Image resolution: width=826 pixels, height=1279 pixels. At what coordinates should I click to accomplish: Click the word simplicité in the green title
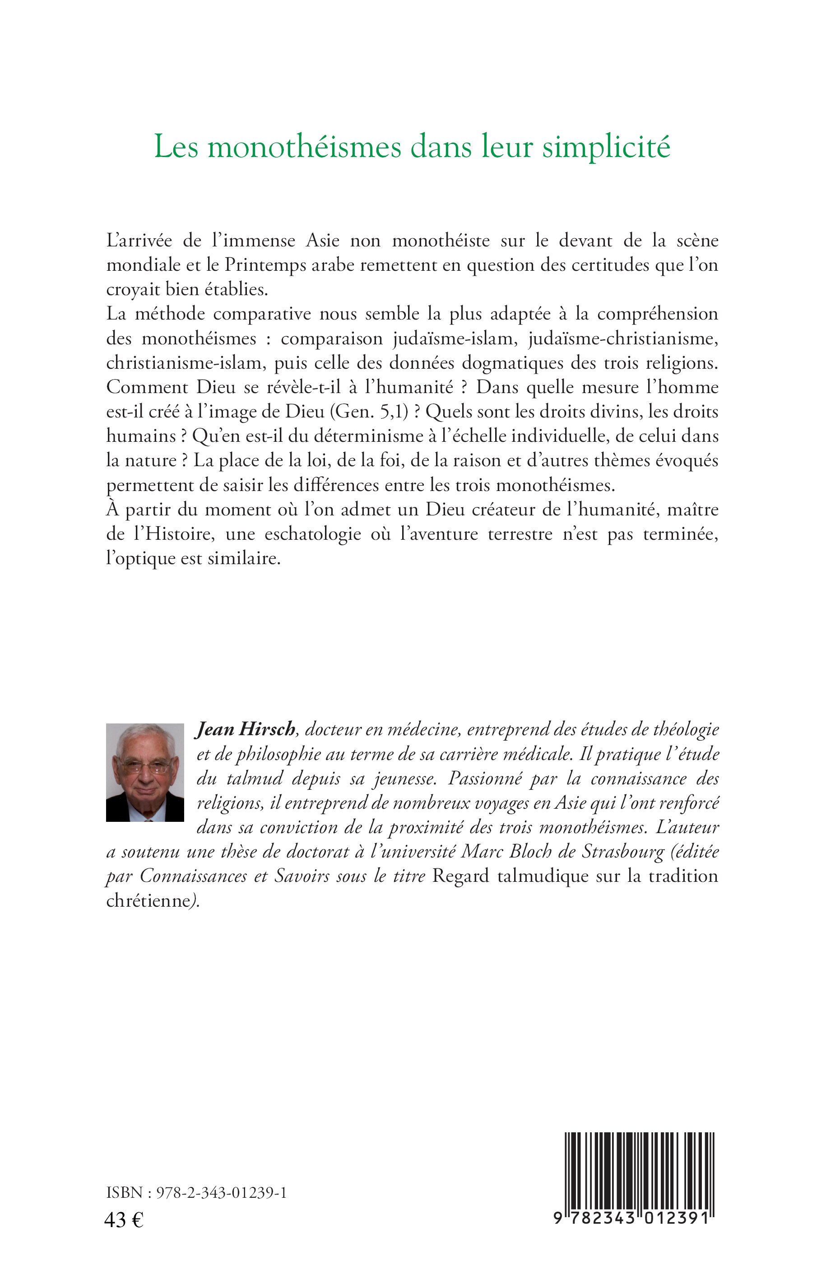(x=606, y=147)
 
